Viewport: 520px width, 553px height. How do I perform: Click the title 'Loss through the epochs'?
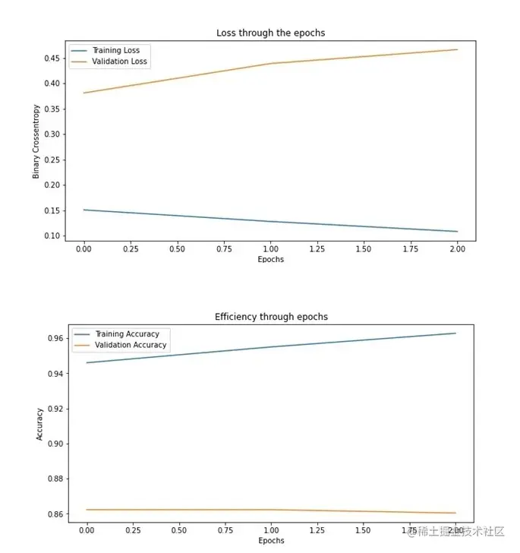click(270, 33)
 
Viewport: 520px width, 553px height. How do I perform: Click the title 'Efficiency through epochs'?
click(271, 316)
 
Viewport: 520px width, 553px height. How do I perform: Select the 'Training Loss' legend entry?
click(115, 51)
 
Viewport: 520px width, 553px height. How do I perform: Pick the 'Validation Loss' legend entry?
click(119, 62)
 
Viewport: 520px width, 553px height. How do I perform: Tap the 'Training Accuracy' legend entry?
click(126, 334)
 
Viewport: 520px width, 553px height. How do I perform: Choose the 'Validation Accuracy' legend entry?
click(129, 345)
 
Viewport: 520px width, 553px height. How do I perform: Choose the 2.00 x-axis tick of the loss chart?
click(457, 249)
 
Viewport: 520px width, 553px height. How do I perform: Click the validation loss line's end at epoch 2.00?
click(457, 49)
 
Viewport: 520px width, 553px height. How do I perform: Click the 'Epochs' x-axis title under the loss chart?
click(271, 259)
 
